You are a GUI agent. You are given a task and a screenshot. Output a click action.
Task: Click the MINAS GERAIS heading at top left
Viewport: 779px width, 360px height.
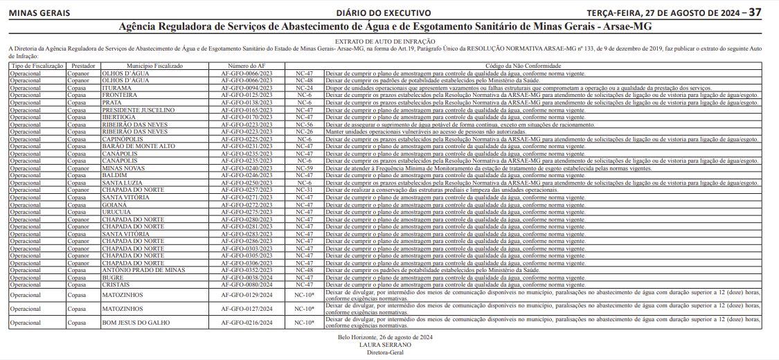pos(39,13)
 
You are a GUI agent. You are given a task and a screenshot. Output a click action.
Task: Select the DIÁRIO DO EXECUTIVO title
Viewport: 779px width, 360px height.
pos(384,13)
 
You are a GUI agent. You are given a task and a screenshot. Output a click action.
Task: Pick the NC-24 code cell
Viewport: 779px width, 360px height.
pos(304,89)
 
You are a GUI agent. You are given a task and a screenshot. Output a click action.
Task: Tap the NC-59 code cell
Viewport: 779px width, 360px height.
pos(304,168)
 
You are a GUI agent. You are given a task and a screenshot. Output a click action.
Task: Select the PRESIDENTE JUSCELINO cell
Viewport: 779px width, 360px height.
pos(138,110)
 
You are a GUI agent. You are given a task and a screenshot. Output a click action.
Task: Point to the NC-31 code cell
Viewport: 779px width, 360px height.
pos(304,190)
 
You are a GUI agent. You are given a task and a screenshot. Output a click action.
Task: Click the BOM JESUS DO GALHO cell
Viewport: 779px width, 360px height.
pos(136,323)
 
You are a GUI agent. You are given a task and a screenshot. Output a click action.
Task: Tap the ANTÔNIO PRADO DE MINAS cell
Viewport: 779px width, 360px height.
pos(143,270)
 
